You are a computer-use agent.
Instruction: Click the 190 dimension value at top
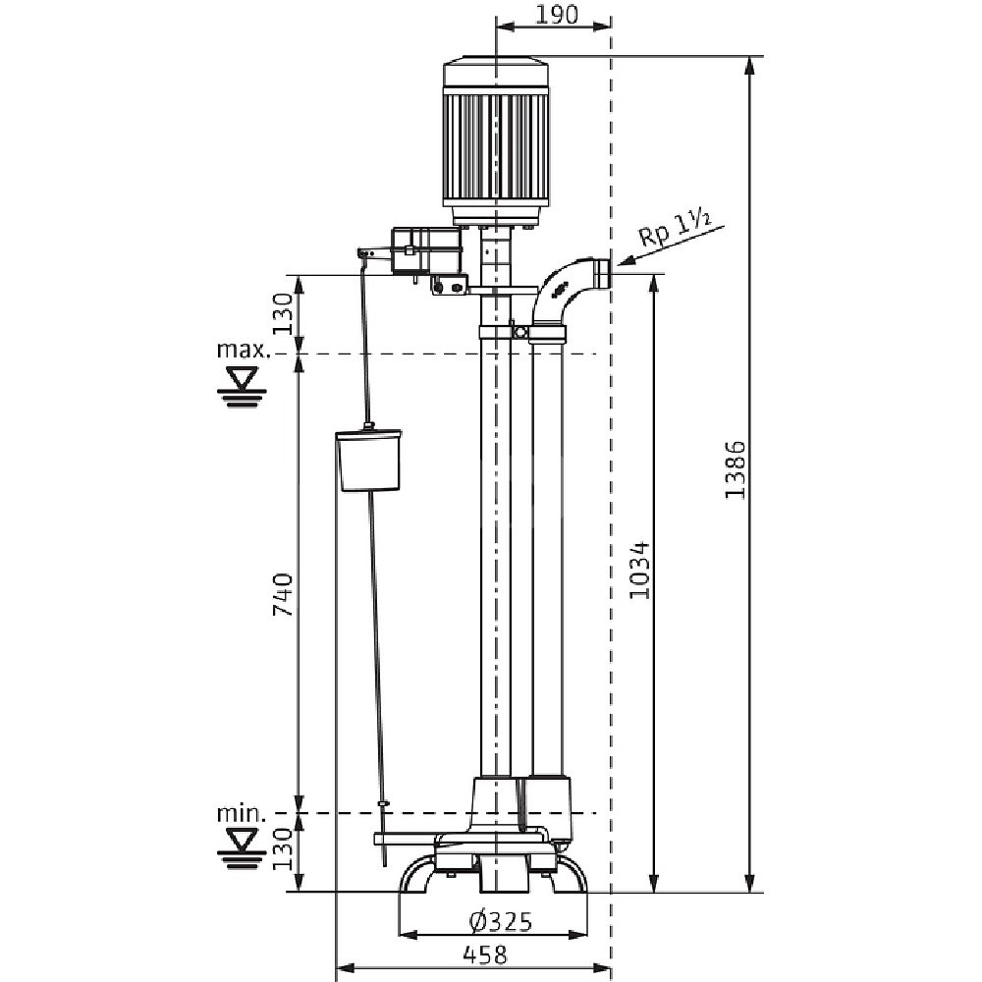(x=555, y=14)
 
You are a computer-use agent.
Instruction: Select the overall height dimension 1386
(x=736, y=468)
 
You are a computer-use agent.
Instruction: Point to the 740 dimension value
(x=283, y=595)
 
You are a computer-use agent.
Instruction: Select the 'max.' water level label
(x=241, y=350)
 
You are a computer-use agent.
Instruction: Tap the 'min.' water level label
(x=241, y=813)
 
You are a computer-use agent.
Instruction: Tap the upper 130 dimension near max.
(x=283, y=314)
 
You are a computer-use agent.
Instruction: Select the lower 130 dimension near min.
(x=283, y=850)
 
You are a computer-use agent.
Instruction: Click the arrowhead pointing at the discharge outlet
(x=621, y=262)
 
